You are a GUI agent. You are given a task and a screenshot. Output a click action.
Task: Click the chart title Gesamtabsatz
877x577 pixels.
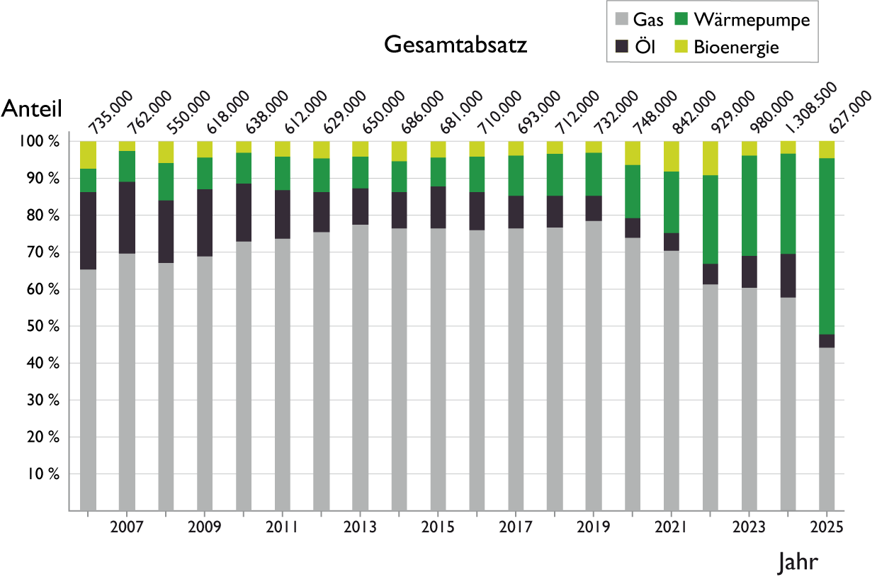[x=456, y=45]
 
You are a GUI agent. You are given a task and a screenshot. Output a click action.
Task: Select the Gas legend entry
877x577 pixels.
[x=638, y=20]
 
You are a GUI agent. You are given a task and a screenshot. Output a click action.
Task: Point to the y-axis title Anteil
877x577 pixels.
[x=33, y=108]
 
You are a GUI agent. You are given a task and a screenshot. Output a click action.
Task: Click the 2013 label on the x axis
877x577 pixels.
[x=360, y=527]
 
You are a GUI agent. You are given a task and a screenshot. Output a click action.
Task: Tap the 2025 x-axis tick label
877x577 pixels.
[x=826, y=527]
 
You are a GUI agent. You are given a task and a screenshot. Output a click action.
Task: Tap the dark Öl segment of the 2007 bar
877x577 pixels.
[x=127, y=218]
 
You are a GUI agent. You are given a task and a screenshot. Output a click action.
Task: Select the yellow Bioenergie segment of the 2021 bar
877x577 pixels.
[x=671, y=156]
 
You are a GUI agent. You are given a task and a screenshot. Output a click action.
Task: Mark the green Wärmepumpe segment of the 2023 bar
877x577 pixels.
[x=749, y=206]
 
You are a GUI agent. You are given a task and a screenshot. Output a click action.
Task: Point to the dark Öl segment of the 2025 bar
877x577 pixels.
[x=826, y=341]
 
